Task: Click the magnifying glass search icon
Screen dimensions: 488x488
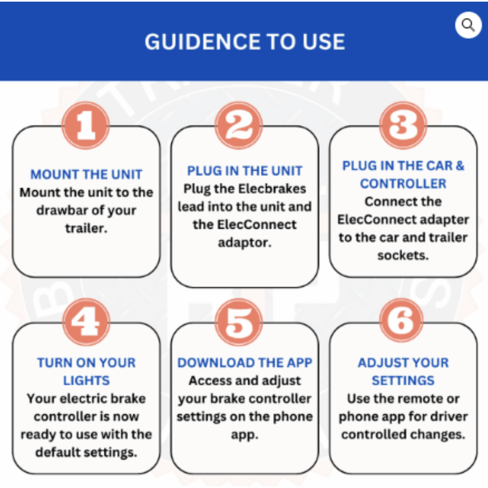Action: click(x=469, y=25)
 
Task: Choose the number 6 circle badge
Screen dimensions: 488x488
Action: click(x=402, y=320)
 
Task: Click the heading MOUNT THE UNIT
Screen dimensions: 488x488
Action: click(x=86, y=174)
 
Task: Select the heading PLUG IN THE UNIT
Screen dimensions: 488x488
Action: click(x=245, y=171)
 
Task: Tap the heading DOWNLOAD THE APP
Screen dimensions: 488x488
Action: click(x=245, y=363)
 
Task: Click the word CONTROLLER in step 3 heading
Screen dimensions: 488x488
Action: click(x=403, y=184)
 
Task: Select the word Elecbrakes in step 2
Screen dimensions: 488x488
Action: click(x=272, y=189)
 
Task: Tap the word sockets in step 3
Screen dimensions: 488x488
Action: click(x=403, y=256)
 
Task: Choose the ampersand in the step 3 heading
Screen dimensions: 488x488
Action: click(x=460, y=166)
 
